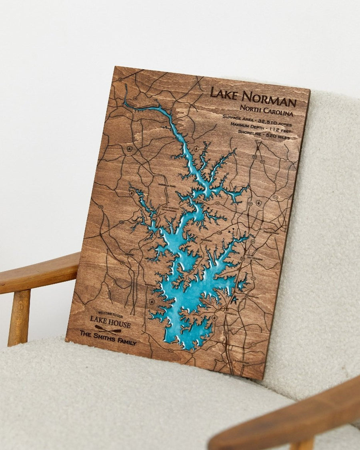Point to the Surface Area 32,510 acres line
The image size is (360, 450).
coord(257,120)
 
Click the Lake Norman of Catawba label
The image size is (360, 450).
coord(170,209)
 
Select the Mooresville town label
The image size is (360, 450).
coord(270,232)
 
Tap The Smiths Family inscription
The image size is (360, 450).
coord(108,338)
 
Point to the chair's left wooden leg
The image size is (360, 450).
coord(19,318)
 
